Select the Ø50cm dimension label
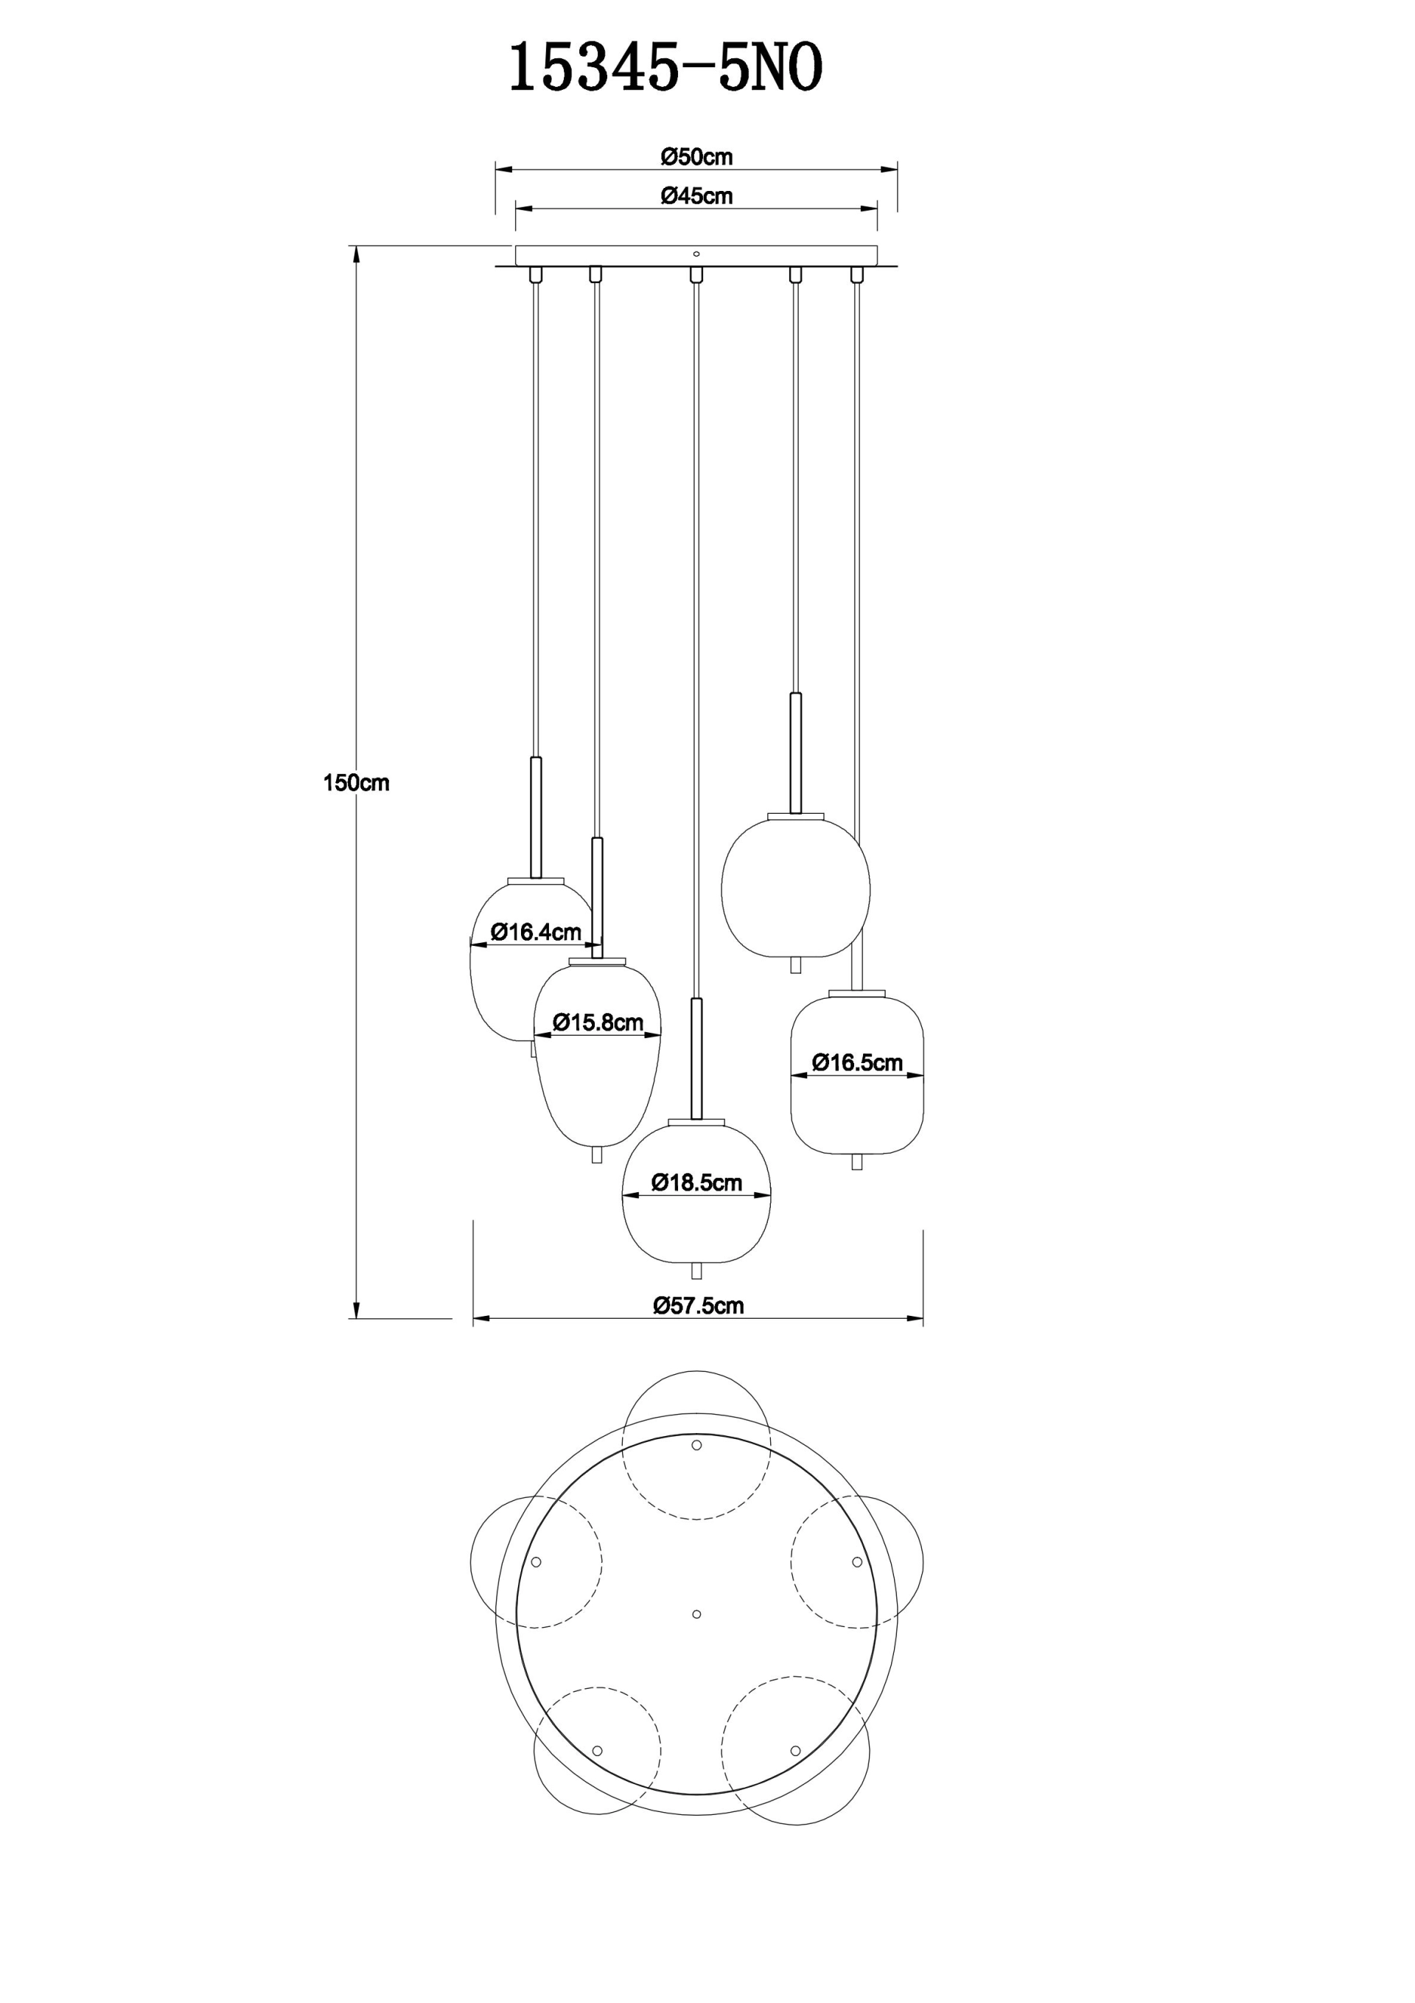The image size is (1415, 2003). [696, 157]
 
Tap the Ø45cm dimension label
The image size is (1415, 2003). [696, 196]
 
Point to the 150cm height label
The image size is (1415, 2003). [356, 784]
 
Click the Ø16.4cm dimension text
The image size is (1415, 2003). [536, 932]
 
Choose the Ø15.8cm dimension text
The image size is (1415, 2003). [598, 1023]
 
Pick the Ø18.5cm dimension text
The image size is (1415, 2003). [696, 1183]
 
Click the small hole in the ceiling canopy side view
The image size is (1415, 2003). [696, 254]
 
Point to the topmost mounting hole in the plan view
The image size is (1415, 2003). [696, 1446]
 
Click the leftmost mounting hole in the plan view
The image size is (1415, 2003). [537, 1561]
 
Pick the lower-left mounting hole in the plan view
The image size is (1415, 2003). [598, 1751]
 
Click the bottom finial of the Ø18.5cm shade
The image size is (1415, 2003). [696, 1271]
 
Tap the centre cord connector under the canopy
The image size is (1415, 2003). [696, 275]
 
